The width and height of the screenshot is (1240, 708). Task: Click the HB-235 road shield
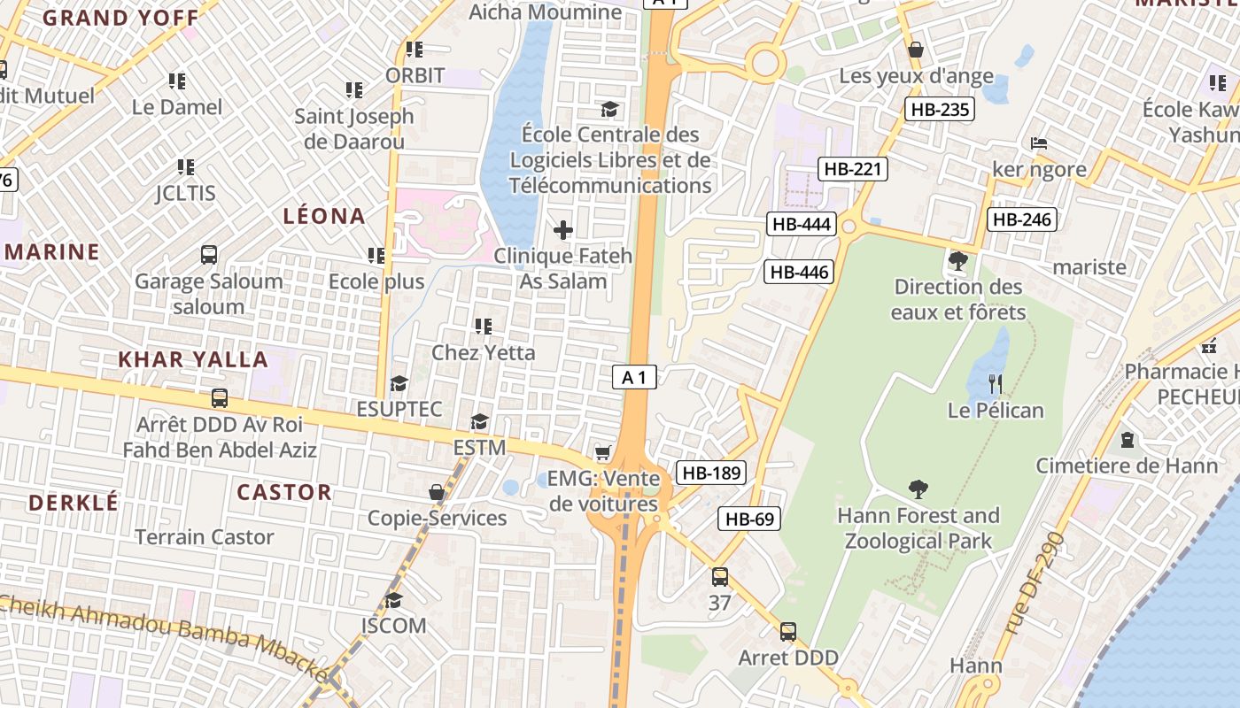(x=940, y=109)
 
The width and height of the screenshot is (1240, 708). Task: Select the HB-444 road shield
(x=802, y=224)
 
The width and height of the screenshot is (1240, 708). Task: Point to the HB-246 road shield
(x=1023, y=219)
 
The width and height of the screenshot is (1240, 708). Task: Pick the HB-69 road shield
(x=749, y=519)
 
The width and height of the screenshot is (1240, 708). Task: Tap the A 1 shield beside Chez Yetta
(x=634, y=378)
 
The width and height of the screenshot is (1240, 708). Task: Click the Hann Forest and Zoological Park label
(x=918, y=527)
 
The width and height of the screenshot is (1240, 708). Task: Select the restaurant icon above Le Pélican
(x=996, y=383)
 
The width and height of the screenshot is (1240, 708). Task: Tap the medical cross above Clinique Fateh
(x=562, y=231)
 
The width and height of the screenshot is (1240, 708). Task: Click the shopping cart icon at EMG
(x=603, y=453)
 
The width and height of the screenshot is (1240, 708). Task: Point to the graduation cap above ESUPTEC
(x=399, y=383)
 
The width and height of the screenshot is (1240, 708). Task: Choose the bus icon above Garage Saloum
(x=209, y=255)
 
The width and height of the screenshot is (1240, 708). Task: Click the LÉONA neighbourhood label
(x=324, y=216)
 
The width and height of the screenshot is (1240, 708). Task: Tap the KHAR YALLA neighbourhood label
(x=193, y=359)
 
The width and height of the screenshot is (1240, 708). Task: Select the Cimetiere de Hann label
(x=1127, y=466)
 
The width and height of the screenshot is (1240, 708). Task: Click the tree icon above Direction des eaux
(x=957, y=260)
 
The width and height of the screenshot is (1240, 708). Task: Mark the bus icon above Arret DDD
(x=788, y=632)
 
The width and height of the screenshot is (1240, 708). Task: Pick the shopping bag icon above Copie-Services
(x=437, y=492)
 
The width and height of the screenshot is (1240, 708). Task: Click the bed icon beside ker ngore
(x=1039, y=143)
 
